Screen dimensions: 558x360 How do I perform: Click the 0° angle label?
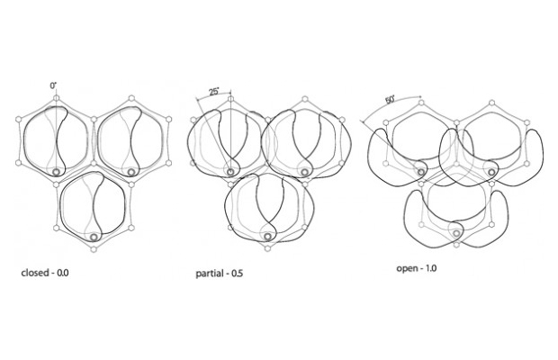click(x=53, y=85)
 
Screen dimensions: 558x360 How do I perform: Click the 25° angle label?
click(x=214, y=92)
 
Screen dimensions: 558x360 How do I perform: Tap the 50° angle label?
click(x=390, y=100)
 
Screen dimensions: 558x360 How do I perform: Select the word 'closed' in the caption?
click(x=35, y=273)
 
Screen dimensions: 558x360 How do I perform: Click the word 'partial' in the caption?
click(x=210, y=274)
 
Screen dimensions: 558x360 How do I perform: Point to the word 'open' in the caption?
click(x=407, y=268)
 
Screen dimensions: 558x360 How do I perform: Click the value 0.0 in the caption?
click(x=63, y=273)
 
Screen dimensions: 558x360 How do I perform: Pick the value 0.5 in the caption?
click(x=238, y=274)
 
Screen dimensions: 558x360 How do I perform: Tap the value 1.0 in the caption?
click(x=430, y=268)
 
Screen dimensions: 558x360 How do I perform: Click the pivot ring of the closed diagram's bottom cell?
click(x=94, y=237)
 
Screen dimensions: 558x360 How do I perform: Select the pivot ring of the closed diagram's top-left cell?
click(x=56, y=173)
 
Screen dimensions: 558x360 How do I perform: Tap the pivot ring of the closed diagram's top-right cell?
click(x=131, y=173)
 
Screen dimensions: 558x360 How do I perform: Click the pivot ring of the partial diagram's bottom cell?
click(x=267, y=237)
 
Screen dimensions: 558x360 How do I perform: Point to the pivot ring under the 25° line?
click(x=230, y=172)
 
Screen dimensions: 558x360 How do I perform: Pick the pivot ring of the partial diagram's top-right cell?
click(x=304, y=172)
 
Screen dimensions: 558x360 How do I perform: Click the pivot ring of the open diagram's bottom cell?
click(x=456, y=233)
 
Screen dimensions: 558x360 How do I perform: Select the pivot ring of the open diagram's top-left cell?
click(x=421, y=172)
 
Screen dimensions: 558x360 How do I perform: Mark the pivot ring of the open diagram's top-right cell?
click(x=491, y=172)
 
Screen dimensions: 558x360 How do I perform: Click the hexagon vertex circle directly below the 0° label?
click(x=56, y=98)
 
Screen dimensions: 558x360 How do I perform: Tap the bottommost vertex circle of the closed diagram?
click(x=94, y=249)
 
